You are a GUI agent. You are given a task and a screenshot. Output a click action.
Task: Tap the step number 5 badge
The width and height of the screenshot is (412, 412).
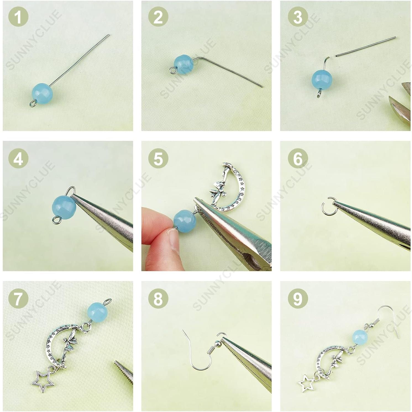[x=158, y=159]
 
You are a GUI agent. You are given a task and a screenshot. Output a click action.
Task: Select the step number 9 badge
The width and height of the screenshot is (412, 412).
[x=298, y=298]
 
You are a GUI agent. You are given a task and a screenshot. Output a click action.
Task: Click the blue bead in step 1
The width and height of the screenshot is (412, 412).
[x=42, y=93]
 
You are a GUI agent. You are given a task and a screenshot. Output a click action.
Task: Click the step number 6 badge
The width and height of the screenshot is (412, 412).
[x=298, y=159]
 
